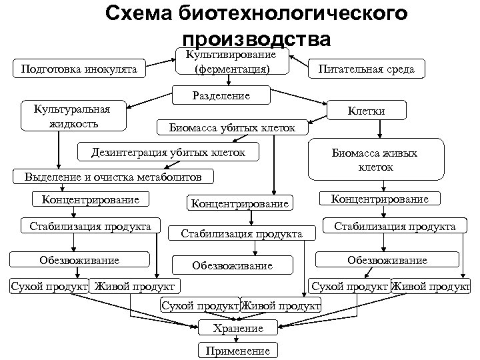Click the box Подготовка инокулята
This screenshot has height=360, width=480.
coord(80,69)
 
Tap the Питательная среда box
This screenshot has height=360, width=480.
coord(366,69)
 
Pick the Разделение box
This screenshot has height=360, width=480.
coord(221,95)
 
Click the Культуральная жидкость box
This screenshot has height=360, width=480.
coord(73,115)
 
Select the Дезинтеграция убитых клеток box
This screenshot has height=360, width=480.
coord(169,153)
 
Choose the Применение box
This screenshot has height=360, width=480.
coord(238,351)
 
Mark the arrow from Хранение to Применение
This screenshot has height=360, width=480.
coord(238,339)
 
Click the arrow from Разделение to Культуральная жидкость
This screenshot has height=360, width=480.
coord(151,100)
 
